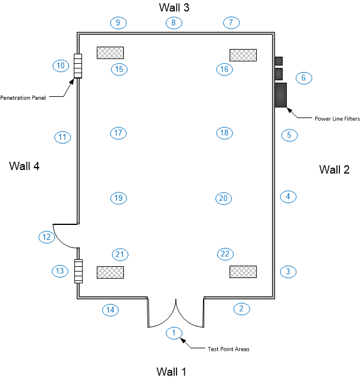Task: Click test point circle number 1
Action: pyautogui.click(x=174, y=333)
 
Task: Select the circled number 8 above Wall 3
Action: pyautogui.click(x=174, y=23)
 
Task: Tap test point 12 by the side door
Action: pyautogui.click(x=46, y=237)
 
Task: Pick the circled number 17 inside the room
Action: pyautogui.click(x=118, y=133)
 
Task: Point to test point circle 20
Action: pyautogui.click(x=223, y=198)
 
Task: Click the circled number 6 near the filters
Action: pyautogui.click(x=303, y=77)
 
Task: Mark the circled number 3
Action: pyautogui.click(x=288, y=272)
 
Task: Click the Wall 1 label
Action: pyautogui.click(x=171, y=371)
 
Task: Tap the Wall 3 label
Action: pyautogui.click(x=174, y=7)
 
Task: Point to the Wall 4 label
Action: pyautogui.click(x=24, y=166)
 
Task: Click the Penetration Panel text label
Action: pyautogui.click(x=23, y=97)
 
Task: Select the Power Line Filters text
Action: pyautogui.click(x=336, y=119)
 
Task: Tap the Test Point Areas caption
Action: pyautogui.click(x=228, y=349)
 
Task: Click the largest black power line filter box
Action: pyautogui.click(x=280, y=95)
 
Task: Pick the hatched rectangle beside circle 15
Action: pyautogui.click(x=110, y=53)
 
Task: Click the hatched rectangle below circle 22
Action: pyautogui.click(x=243, y=272)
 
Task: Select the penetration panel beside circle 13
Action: pyautogui.click(x=77, y=271)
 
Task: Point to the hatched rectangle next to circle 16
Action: pyautogui.click(x=243, y=55)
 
